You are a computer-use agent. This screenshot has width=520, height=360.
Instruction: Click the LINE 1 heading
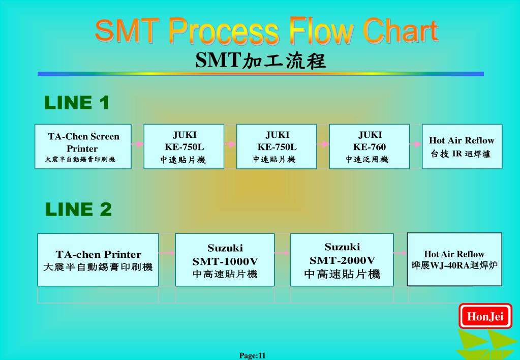pos(77,103)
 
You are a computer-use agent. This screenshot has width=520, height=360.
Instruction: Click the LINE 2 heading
pos(78,209)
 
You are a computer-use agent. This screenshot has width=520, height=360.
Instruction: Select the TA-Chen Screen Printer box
pos(83,146)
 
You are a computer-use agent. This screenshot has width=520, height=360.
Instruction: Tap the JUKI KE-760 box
pos(369,146)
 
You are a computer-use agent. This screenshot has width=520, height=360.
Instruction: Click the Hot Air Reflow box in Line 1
pos(462,146)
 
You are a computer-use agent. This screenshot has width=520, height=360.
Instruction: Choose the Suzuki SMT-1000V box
pos(225,259)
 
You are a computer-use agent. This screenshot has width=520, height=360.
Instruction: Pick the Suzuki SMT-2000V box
pos(342,259)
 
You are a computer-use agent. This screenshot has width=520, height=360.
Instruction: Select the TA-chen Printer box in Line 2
pos(98,259)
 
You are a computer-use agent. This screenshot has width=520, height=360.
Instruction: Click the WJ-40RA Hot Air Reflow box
pos(454,259)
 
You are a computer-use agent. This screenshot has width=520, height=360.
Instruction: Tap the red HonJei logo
pos(485,317)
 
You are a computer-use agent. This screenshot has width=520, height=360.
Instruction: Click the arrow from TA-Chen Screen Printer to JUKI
pos(137,144)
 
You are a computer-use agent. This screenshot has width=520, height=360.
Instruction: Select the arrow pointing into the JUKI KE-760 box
pos(323,144)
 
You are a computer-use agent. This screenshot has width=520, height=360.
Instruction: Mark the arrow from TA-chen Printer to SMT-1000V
pos(167,252)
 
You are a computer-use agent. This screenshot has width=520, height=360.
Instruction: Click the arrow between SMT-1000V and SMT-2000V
pos(282,252)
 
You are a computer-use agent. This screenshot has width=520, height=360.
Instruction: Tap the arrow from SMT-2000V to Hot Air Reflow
pos(400,252)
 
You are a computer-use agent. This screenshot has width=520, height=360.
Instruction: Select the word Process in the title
pos(224,32)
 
